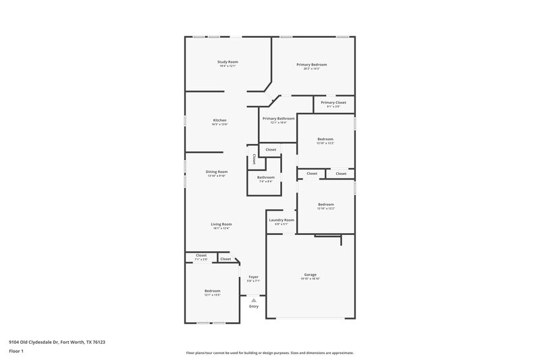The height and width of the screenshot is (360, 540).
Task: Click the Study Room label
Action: click(227, 62)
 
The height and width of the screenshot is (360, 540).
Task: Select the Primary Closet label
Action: click(333, 103)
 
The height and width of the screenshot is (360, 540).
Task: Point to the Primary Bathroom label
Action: click(278, 119)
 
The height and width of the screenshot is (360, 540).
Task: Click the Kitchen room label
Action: click(220, 120)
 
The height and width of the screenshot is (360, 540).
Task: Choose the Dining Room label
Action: click(217, 172)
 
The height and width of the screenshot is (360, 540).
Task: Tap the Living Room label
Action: click(221, 224)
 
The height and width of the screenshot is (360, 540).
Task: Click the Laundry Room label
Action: click(281, 220)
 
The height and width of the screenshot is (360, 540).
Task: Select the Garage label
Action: click(310, 275)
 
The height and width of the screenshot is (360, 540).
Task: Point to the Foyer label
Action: click(254, 277)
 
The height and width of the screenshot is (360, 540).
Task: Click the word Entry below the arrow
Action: click(254, 306)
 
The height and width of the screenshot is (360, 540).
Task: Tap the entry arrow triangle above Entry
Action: click(254, 299)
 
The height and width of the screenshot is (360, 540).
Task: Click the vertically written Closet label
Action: click(254, 160)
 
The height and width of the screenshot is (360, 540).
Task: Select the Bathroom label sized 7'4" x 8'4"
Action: click(265, 178)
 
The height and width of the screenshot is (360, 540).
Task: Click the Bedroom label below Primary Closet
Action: click(326, 139)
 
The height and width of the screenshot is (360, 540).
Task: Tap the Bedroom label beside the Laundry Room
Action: click(326, 205)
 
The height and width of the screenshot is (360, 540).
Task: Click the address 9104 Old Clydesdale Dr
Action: click(57, 342)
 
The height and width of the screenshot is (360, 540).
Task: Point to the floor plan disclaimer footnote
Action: click(269, 353)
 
